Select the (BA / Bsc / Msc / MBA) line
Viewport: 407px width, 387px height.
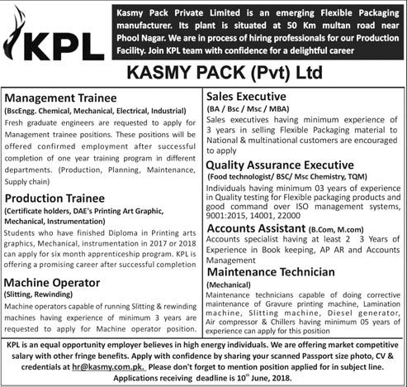pos(245,108)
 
